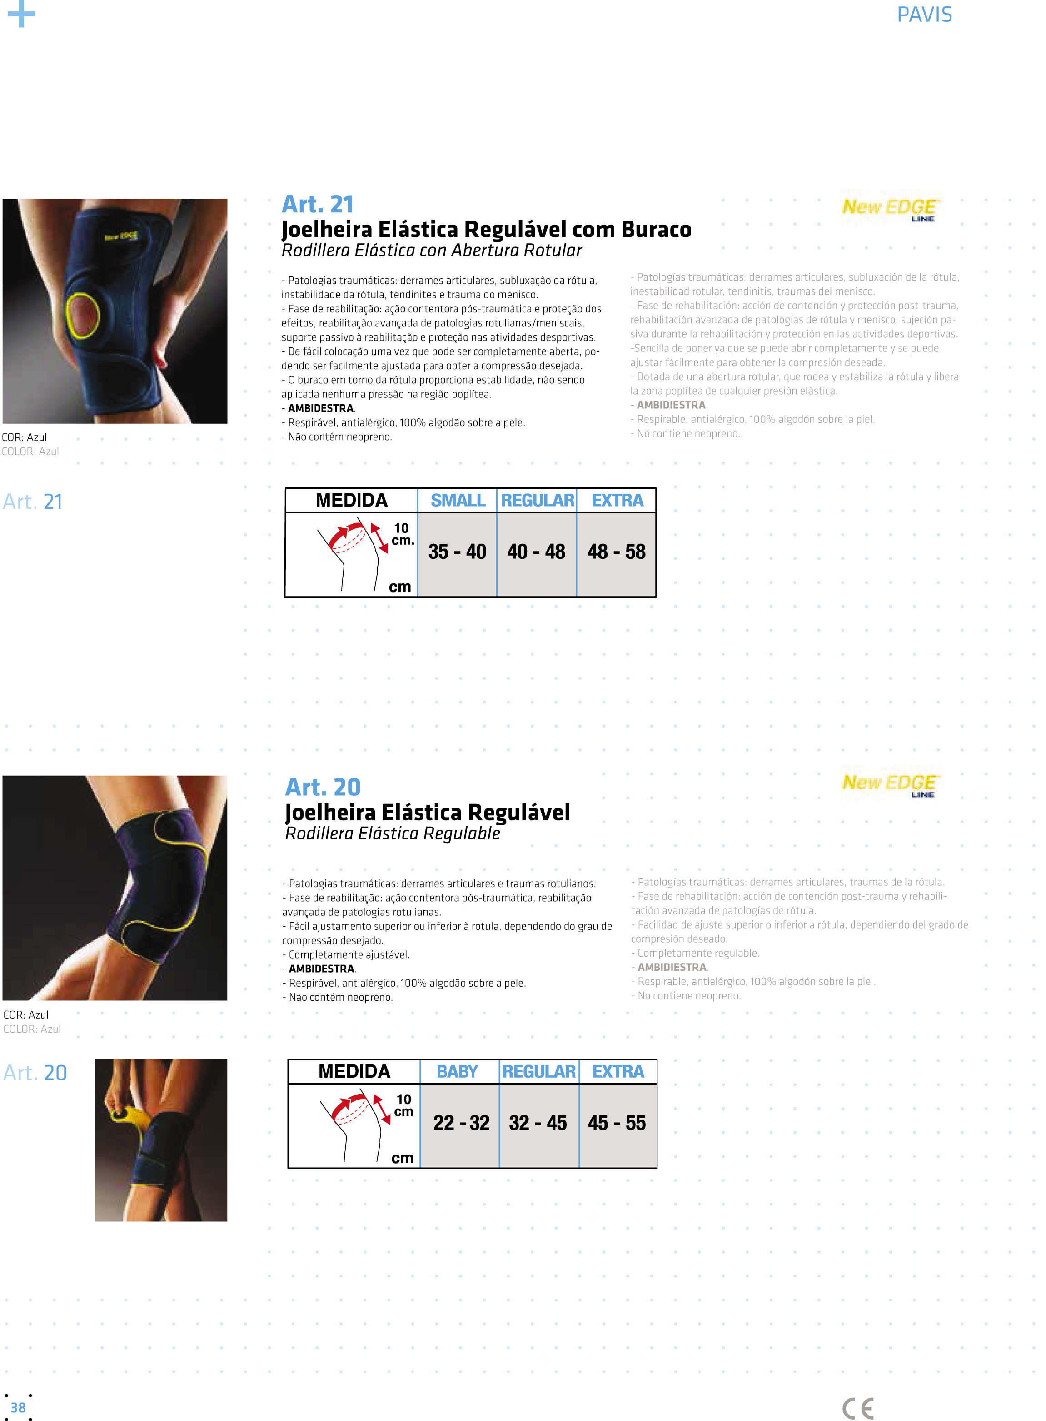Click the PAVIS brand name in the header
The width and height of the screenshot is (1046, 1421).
[x=924, y=15]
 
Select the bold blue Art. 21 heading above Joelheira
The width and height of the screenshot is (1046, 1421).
[x=317, y=204]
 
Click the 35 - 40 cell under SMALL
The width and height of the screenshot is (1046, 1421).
[x=457, y=552]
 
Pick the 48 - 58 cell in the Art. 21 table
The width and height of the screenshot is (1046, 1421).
[x=616, y=552]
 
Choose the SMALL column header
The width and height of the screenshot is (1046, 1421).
[x=458, y=501]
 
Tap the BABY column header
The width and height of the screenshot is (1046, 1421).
[x=457, y=1071]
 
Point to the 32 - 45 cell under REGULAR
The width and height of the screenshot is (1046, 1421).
[x=538, y=1123]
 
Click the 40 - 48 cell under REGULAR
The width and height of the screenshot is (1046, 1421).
[x=536, y=552]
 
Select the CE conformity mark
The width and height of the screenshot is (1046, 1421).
[x=858, y=1408]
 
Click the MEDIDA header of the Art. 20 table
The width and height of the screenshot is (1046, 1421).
[x=354, y=1071]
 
